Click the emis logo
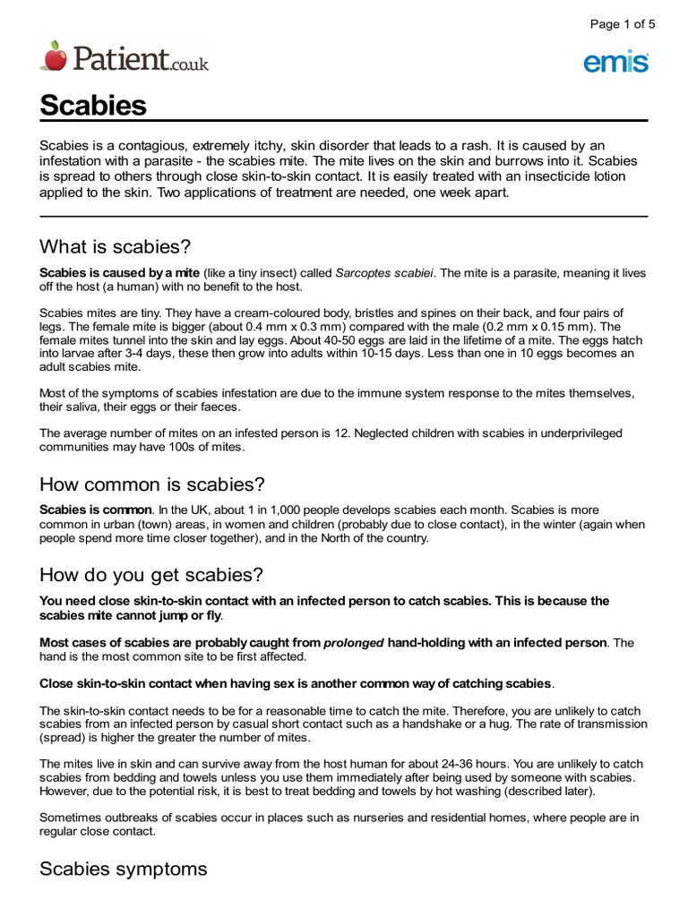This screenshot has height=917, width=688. (x=615, y=62)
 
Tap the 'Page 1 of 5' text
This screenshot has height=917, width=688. (x=623, y=24)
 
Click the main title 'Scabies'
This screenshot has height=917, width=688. (x=93, y=106)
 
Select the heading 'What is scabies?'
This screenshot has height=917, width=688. (x=116, y=246)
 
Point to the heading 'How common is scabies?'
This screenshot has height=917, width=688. (x=152, y=484)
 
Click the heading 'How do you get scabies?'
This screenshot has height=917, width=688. (x=150, y=574)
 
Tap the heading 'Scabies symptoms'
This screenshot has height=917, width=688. (x=124, y=868)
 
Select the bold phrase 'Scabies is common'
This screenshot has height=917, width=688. (x=95, y=510)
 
